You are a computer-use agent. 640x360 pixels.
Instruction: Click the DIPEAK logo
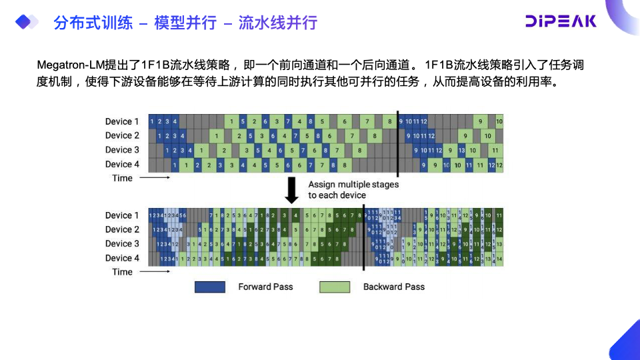[x=561, y=21]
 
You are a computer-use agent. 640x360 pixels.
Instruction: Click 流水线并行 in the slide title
[x=278, y=23]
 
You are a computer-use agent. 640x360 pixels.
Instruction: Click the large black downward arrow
[x=292, y=190]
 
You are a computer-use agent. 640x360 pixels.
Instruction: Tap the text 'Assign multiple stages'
[x=353, y=185]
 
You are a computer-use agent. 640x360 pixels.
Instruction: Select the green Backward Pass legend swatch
[x=335, y=287]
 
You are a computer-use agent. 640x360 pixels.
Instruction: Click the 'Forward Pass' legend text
[x=265, y=287]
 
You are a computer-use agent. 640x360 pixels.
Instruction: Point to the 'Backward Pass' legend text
[x=393, y=287]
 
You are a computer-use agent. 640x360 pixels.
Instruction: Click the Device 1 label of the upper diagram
[x=122, y=121]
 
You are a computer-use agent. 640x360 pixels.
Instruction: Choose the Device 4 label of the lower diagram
[x=122, y=258]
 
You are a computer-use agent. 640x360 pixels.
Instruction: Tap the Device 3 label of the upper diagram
[x=122, y=150]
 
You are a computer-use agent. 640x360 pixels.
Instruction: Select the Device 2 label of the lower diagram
[x=122, y=229]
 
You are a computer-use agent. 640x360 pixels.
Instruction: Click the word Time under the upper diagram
[x=122, y=178]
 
